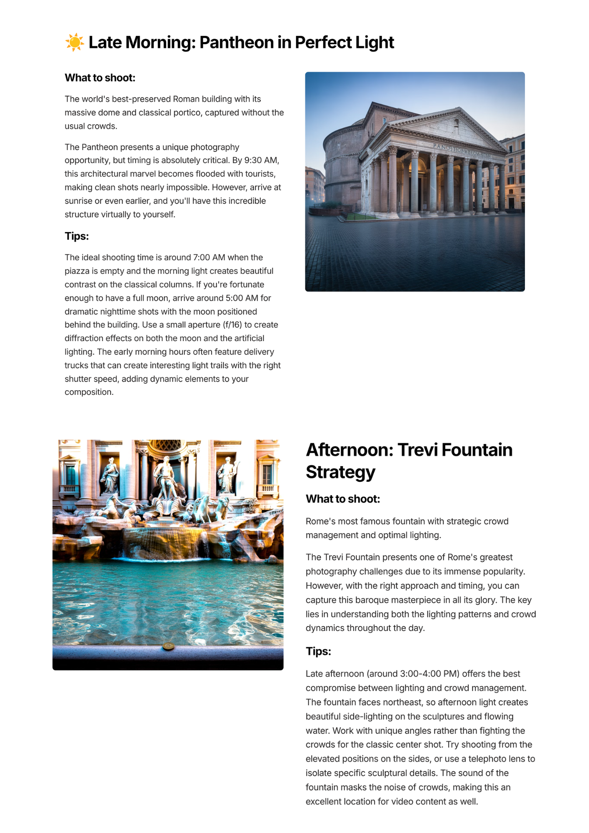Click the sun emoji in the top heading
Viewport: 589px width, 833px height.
75,42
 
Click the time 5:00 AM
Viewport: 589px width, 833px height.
242,298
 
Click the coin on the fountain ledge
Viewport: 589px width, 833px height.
168,646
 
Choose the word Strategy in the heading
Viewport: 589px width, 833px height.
340,472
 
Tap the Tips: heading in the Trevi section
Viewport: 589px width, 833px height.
318,651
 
